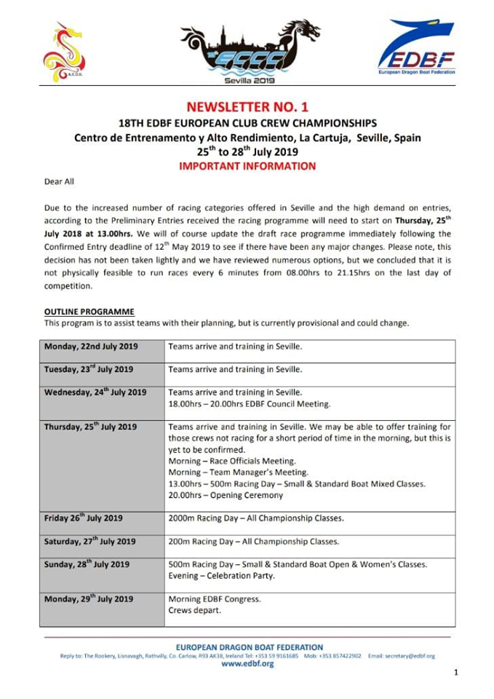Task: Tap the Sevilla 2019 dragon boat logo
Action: [x=251, y=52]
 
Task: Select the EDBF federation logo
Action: [x=415, y=50]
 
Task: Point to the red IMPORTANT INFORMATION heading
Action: [x=247, y=166]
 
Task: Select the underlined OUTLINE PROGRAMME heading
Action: [x=89, y=312]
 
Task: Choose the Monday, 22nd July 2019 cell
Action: [x=91, y=347]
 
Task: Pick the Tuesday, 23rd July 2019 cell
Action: [x=89, y=370]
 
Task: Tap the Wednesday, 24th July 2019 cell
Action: [x=95, y=392]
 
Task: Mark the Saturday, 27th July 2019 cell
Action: [x=90, y=542]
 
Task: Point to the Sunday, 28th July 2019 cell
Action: [x=87, y=564]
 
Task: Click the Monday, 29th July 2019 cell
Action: [x=89, y=599]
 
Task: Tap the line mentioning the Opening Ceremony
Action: [x=226, y=497]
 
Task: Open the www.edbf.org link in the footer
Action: [x=247, y=664]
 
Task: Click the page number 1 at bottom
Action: [x=455, y=673]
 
